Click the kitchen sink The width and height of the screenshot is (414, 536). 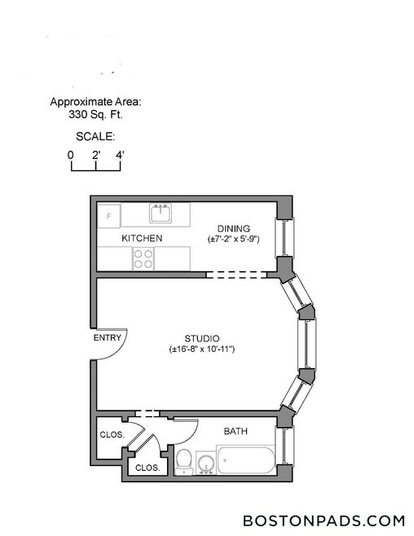click(161, 214)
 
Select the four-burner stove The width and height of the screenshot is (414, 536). click(143, 258)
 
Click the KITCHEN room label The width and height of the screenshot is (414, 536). click(142, 239)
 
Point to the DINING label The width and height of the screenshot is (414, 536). click(233, 228)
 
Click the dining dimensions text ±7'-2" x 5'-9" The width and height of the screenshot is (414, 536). click(234, 239)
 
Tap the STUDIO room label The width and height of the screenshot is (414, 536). click(202, 338)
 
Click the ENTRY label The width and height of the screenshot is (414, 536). click(107, 338)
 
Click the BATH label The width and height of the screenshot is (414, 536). click(236, 431)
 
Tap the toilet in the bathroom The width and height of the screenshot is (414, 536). click(184, 462)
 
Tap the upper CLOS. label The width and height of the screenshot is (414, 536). click(112, 435)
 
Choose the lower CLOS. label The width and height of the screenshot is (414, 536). click(147, 468)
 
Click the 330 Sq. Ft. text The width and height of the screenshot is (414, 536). click(95, 116)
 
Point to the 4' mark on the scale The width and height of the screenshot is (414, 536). click(121, 154)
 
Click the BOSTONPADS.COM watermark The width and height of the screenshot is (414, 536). click(324, 520)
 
